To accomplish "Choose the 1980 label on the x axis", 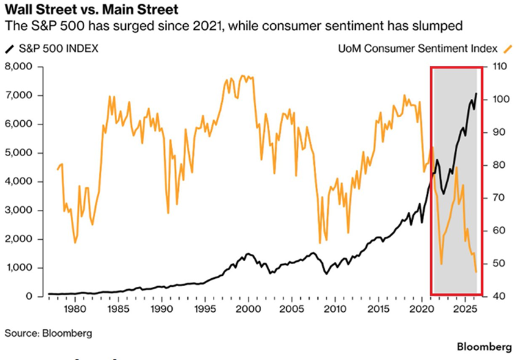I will pyautogui.click(x=75, y=308).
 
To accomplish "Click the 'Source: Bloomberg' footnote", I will pyautogui.click(x=40, y=333).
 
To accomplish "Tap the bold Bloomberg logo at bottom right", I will pyautogui.click(x=485, y=347).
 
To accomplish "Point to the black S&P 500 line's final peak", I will pyautogui.click(x=476, y=93).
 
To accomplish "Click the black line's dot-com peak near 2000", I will pyautogui.click(x=247, y=254).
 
